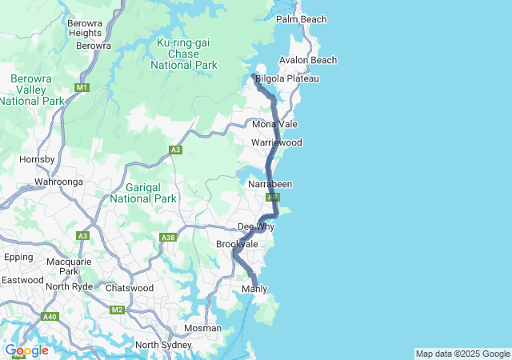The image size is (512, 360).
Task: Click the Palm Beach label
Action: [302, 19]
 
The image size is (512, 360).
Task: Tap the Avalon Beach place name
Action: [308, 61]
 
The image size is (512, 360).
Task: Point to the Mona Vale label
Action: [274, 125]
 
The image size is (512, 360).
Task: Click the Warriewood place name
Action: [276, 142]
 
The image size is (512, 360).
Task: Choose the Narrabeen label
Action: [270, 185]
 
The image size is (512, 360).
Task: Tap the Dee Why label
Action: [256, 227]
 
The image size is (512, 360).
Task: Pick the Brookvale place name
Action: [236, 244]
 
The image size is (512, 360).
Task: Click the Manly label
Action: [254, 289]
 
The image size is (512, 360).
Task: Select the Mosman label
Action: [202, 329]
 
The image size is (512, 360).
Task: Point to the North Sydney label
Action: [163, 346]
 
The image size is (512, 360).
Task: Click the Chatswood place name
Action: [130, 288]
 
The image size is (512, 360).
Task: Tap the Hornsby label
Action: [37, 159]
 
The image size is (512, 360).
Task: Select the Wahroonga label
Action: [59, 182]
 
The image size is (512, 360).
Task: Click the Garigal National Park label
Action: [143, 193]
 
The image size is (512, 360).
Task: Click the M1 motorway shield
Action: [82, 86]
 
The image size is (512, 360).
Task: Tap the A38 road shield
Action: [168, 238]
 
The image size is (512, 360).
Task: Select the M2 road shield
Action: [118, 310]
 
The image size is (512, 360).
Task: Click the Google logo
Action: [26, 350]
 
